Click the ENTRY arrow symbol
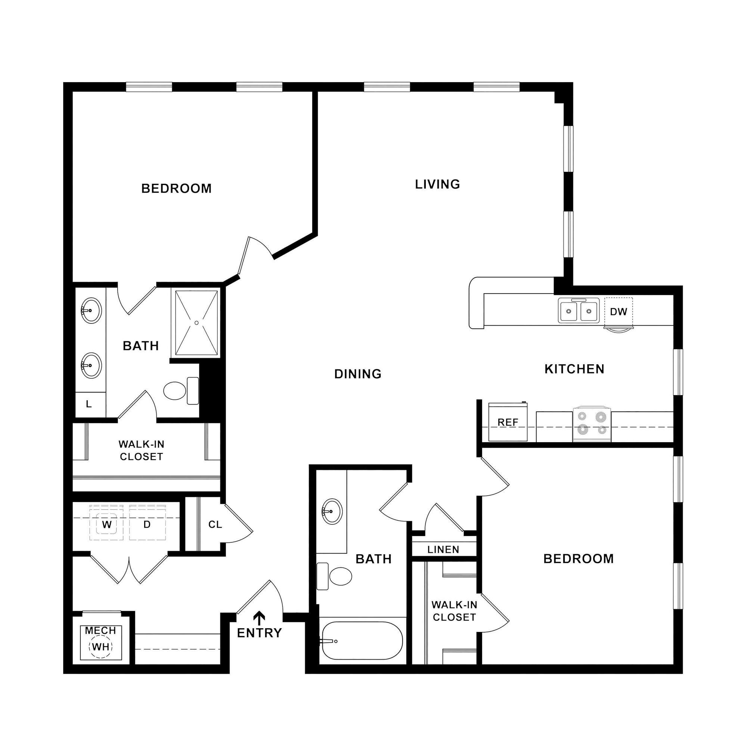click(x=260, y=617)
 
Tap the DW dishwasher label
click(x=618, y=311)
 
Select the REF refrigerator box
click(x=507, y=422)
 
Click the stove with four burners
click(x=592, y=424)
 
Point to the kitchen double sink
click(x=578, y=310)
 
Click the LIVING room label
click(x=437, y=185)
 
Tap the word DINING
click(x=358, y=374)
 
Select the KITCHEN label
click(x=574, y=369)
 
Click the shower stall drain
click(x=196, y=322)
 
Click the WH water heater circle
click(x=101, y=647)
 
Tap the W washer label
click(x=107, y=525)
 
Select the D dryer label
click(x=147, y=525)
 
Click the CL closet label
click(x=215, y=525)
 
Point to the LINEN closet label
click(x=443, y=549)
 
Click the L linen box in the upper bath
click(x=89, y=405)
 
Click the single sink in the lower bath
click(x=332, y=512)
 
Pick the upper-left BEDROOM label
click(x=176, y=189)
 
